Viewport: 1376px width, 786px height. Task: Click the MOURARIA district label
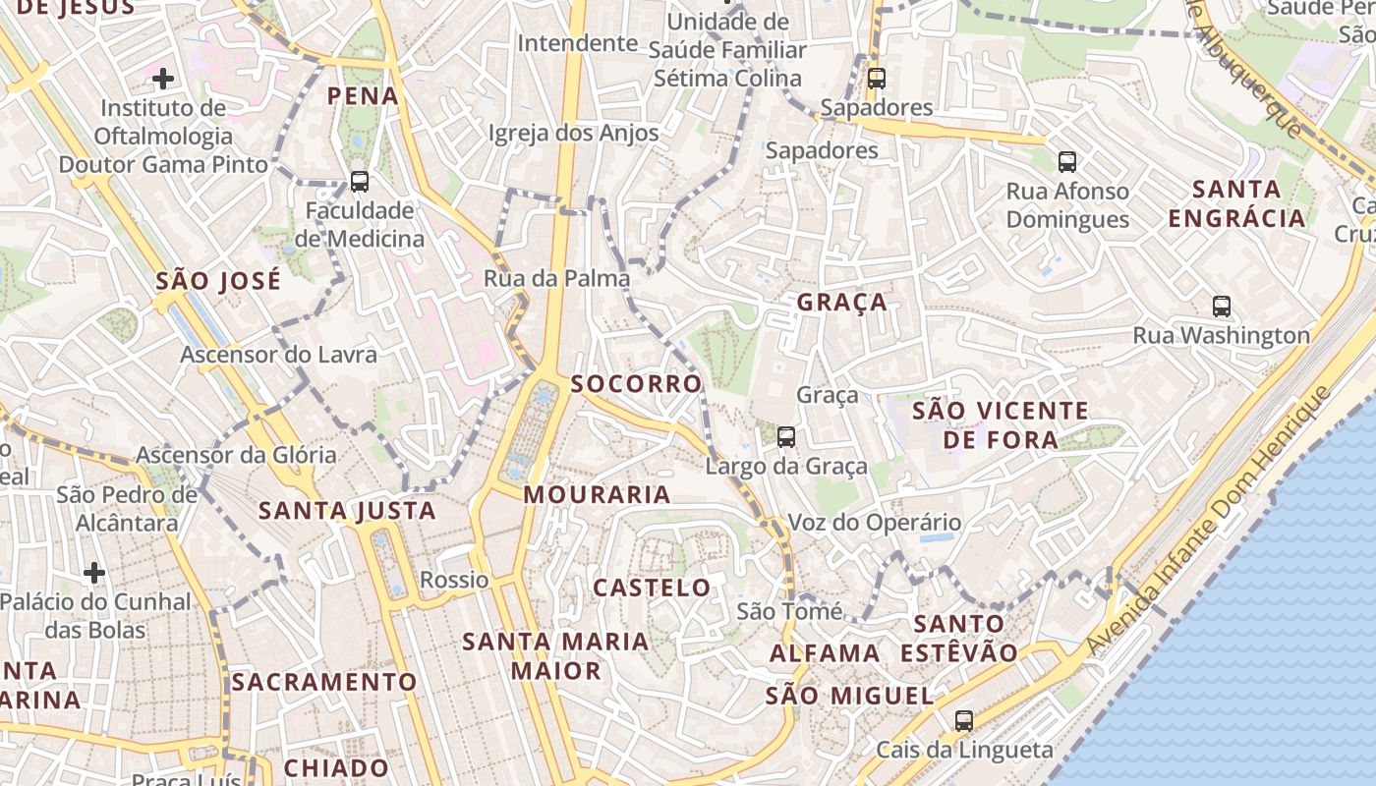point(597,494)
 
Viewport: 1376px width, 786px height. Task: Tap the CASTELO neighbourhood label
point(652,588)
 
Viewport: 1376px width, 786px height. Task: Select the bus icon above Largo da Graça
point(785,436)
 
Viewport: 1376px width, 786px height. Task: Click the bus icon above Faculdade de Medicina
point(360,181)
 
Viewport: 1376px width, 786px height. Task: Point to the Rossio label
point(454,580)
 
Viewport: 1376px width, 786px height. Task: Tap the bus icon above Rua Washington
point(1221,306)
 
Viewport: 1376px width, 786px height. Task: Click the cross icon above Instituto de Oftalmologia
point(163,78)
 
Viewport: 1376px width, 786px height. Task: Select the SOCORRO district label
point(637,383)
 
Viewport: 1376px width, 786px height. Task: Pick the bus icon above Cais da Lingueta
point(963,720)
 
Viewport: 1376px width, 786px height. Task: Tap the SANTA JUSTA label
point(347,510)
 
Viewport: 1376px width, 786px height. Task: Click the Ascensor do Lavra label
point(278,355)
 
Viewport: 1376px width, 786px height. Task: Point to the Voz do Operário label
point(875,523)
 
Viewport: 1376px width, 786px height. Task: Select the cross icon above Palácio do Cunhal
point(94,571)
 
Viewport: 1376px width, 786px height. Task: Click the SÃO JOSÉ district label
point(218,281)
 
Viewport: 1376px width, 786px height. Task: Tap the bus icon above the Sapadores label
point(876,78)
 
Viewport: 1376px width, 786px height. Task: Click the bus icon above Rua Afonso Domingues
point(1066,161)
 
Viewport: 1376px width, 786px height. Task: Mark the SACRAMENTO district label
point(324,681)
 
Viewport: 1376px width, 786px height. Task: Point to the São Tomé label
point(789,611)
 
